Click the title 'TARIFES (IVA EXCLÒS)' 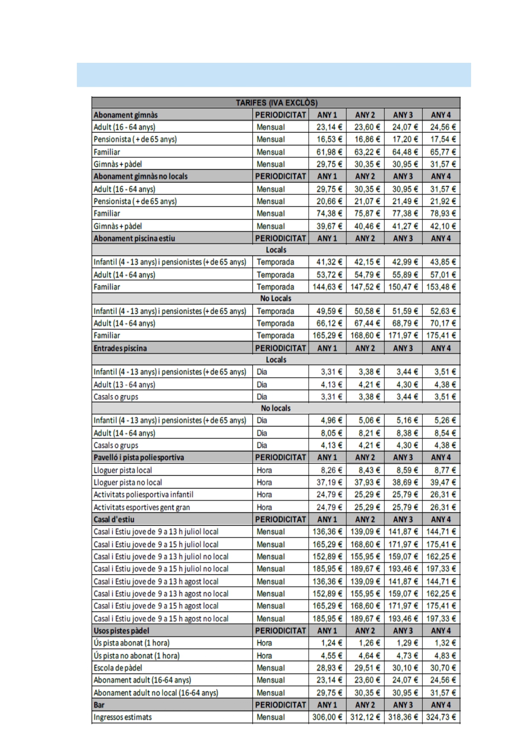point(276,103)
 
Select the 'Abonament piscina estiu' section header point(134,238)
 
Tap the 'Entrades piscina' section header point(120,348)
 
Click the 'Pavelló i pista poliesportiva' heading point(139,458)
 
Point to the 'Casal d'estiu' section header point(114,520)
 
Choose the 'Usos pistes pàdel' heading point(121,631)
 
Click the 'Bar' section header point(99,705)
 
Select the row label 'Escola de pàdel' point(118,668)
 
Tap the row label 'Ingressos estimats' point(123,717)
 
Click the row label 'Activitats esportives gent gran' point(142,507)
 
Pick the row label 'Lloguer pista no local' point(128,482)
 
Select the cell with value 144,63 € point(327,287)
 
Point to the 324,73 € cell point(441,717)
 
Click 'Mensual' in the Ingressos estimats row point(271,717)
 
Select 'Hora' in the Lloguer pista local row point(264,470)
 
